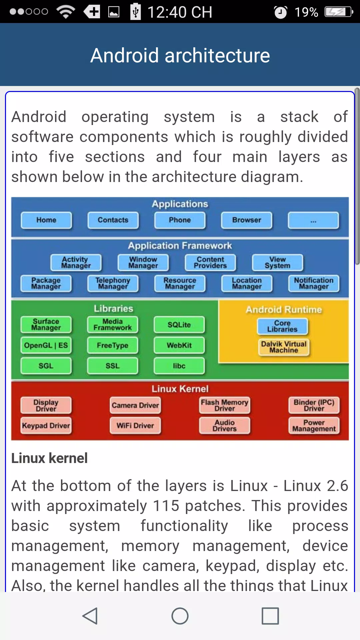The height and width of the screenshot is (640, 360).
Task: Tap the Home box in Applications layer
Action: [x=46, y=220]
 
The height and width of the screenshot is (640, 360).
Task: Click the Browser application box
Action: [x=247, y=220]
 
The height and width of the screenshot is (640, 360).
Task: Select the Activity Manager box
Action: [x=76, y=263]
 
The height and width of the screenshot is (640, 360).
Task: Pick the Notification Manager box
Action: [x=314, y=284]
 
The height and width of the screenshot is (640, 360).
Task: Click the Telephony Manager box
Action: [x=113, y=284]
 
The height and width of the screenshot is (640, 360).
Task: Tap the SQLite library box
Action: [x=179, y=325]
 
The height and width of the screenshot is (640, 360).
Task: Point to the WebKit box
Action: [x=179, y=346]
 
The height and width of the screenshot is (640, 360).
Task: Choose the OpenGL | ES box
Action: [x=46, y=346]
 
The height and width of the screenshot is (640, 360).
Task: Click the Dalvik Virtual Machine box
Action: [x=284, y=347]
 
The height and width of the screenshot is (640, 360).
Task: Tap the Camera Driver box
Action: [x=135, y=406]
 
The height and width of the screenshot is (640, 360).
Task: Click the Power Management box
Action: [x=314, y=426]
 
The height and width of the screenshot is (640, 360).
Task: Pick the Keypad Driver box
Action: [x=46, y=426]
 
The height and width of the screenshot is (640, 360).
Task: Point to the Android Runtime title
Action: [x=284, y=310]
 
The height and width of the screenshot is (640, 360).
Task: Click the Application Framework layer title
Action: [x=180, y=246]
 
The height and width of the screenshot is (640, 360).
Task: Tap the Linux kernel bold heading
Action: [x=49, y=458]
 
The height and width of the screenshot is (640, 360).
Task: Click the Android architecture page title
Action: [x=180, y=55]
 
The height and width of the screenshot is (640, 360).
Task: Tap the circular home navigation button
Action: [x=180, y=616]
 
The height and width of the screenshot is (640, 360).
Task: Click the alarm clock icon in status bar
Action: [x=281, y=12]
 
